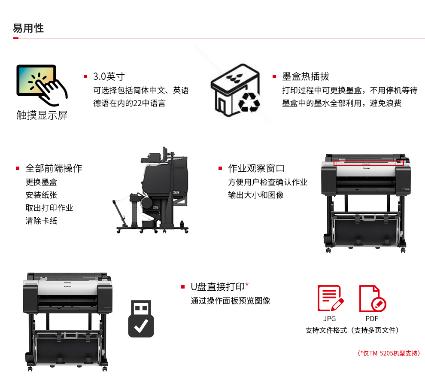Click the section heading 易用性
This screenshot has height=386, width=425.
(28, 28)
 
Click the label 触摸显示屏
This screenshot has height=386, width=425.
(42, 115)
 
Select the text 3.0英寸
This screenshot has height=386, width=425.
(109, 76)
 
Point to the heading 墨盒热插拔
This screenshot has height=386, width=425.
(306, 76)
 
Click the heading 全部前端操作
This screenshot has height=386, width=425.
(54, 168)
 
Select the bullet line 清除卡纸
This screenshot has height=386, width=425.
(41, 221)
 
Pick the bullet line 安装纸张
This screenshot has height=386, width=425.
(41, 195)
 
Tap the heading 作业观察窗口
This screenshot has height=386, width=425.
(256, 168)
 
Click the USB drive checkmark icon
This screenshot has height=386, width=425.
(141, 318)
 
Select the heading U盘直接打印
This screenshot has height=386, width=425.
(218, 286)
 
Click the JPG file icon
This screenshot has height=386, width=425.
(330, 298)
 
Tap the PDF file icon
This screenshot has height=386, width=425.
(372, 298)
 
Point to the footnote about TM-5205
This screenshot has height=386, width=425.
(389, 353)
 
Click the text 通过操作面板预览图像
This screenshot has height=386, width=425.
(231, 301)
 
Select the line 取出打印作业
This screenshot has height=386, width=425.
(49, 208)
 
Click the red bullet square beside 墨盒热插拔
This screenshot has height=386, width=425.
(274, 76)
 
